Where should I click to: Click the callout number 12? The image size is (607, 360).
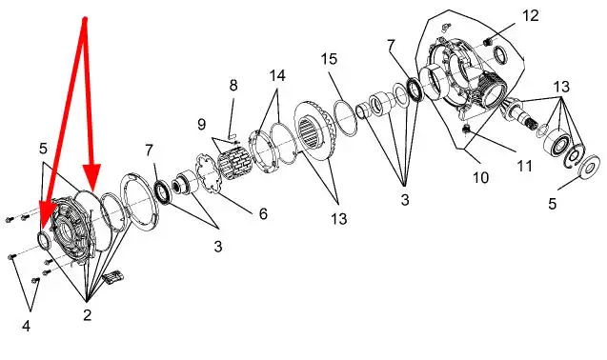point(531,16)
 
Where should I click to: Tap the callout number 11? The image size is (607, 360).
point(525,166)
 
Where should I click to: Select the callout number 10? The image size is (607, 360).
point(481,178)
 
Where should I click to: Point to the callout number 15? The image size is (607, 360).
point(329,59)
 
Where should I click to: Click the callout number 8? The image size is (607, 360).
point(233,85)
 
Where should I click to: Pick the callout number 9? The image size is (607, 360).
point(201,125)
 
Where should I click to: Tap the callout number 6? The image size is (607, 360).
point(263,213)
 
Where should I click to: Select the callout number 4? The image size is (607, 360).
point(26,327)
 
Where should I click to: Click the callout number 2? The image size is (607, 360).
point(87,315)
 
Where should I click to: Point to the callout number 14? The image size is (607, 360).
point(277,75)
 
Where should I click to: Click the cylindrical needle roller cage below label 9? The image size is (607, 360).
point(234,162)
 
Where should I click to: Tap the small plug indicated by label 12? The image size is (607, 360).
point(488,41)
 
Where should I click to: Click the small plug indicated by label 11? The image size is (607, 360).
point(467,129)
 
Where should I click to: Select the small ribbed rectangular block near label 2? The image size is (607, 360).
point(112,277)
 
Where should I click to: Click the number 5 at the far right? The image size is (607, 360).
point(552,203)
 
